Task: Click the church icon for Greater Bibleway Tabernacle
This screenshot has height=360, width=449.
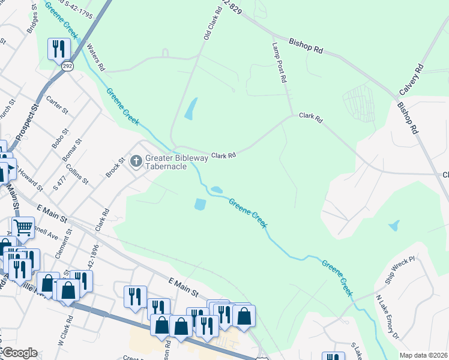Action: (136, 161)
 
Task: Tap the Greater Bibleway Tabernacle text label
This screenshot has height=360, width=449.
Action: (176, 162)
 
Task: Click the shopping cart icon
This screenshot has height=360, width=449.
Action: (23, 227)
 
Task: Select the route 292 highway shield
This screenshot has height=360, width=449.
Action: (67, 67)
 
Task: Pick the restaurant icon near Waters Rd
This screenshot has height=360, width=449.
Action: (58, 48)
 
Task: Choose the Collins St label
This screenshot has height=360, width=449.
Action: (77, 174)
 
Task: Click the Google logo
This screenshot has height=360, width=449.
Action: (19, 353)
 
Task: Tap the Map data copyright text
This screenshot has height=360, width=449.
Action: (423, 355)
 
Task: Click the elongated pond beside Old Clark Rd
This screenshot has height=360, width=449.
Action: (190, 109)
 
